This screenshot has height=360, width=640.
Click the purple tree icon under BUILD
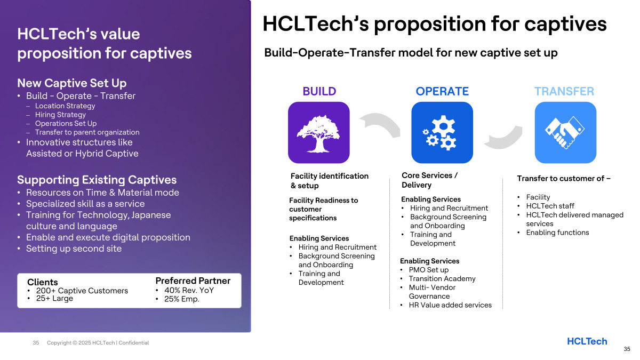pos(318,133)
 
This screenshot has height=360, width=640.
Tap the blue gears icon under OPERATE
pos(442,133)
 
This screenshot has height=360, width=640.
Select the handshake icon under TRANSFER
pos(565,133)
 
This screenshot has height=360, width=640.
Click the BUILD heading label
pos(319,91)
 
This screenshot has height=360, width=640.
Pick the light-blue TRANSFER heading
pos(564,91)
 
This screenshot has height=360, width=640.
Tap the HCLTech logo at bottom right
pos(587,341)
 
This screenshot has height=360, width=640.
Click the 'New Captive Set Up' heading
pos(71,83)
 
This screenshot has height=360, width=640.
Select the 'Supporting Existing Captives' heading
pos(97,180)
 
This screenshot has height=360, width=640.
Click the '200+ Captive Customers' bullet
pos(82,291)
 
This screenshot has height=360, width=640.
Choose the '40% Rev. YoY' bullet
pos(189,290)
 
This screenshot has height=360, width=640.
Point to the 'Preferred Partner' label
pos(193,281)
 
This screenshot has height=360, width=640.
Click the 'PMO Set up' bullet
pos(429,270)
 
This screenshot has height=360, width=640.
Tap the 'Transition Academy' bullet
pos(442,278)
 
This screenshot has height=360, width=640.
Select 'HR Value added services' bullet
pos(450,305)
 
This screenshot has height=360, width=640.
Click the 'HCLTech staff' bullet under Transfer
pos(550,206)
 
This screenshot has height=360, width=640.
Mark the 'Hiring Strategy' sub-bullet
pos(60,115)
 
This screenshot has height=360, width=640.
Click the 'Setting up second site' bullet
pos(74,249)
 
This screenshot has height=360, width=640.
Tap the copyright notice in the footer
pos(98,342)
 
